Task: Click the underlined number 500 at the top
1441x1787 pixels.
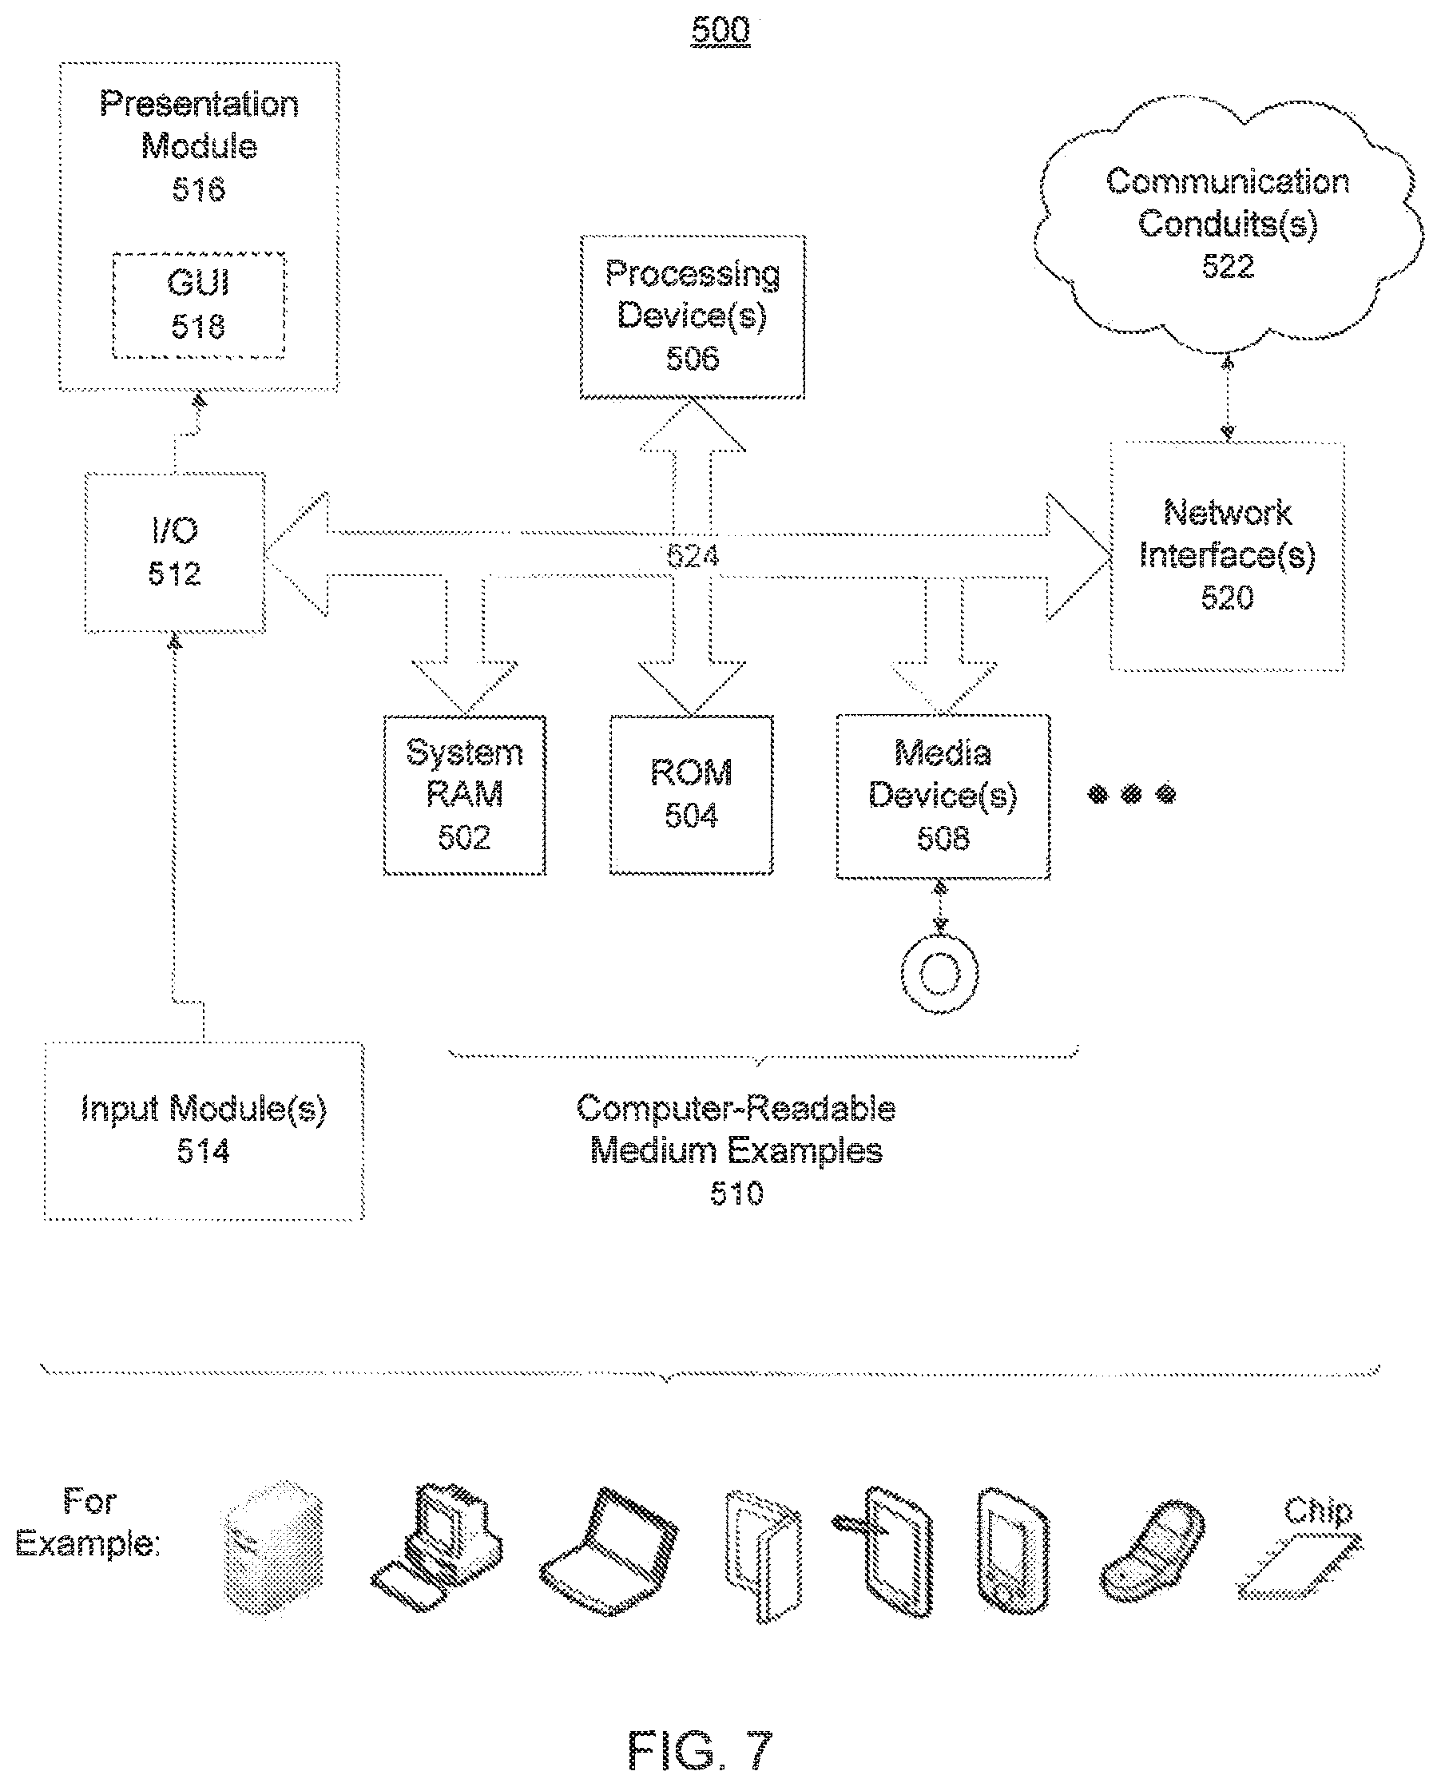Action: pyautogui.click(x=720, y=30)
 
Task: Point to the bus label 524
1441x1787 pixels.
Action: pyautogui.click(x=693, y=555)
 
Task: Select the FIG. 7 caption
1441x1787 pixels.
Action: pyautogui.click(x=700, y=1749)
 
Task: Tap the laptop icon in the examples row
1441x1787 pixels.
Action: pyautogui.click(x=609, y=1552)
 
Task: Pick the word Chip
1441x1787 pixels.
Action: pyautogui.click(x=1318, y=1511)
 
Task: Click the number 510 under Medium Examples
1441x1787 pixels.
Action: pyautogui.click(x=736, y=1193)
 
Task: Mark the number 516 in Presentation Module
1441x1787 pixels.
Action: pyautogui.click(x=199, y=190)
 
